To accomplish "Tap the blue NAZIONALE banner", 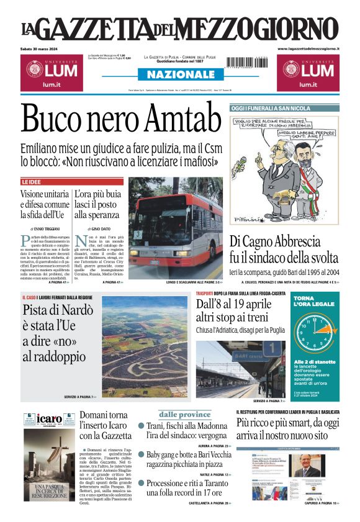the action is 181,74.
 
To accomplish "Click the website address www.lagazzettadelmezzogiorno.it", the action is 308,48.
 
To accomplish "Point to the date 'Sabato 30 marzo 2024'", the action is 42,48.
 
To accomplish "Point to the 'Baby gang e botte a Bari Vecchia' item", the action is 187,459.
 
